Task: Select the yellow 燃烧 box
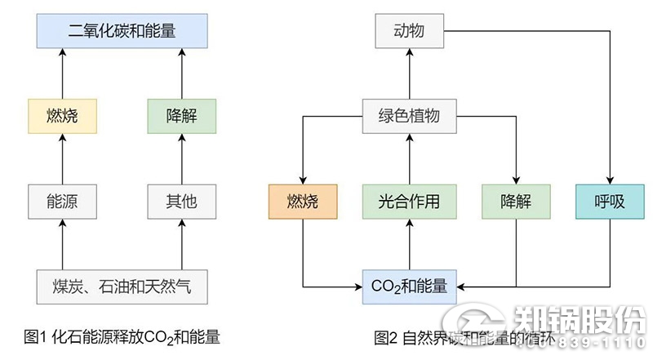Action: [63, 115]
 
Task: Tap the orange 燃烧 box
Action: [304, 201]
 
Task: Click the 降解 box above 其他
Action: [182, 115]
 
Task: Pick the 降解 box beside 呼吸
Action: [516, 201]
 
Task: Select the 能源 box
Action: [63, 201]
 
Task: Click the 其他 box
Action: [182, 201]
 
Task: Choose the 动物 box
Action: [409, 33]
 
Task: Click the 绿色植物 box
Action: [409, 115]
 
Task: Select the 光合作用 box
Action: [409, 201]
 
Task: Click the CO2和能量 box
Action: [409, 287]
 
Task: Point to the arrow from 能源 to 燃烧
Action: [63, 158]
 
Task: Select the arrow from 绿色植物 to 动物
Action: [409, 74]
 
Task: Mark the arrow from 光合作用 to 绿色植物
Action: [409, 158]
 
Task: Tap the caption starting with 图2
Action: [457, 337]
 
